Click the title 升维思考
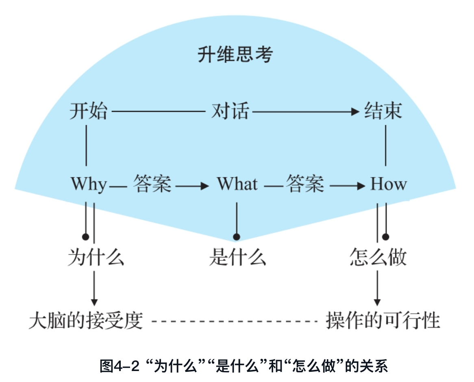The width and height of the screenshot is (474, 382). click(235, 55)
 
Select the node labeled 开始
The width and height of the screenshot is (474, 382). click(88, 111)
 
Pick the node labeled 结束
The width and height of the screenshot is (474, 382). click(383, 111)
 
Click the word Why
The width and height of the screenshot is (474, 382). click(89, 185)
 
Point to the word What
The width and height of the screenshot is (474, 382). click(237, 184)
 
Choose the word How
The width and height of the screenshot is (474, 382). click(388, 184)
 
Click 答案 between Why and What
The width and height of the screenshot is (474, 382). click(152, 184)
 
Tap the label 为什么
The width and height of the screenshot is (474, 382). click(96, 258)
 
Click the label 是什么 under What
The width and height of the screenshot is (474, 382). click(237, 258)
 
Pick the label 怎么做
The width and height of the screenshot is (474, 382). click(378, 258)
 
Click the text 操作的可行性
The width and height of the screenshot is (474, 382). click(383, 321)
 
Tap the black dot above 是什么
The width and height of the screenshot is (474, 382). click(237, 237)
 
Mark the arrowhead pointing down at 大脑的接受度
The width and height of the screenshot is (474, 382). click(94, 302)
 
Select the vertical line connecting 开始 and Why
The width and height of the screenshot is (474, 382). click(86, 145)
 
